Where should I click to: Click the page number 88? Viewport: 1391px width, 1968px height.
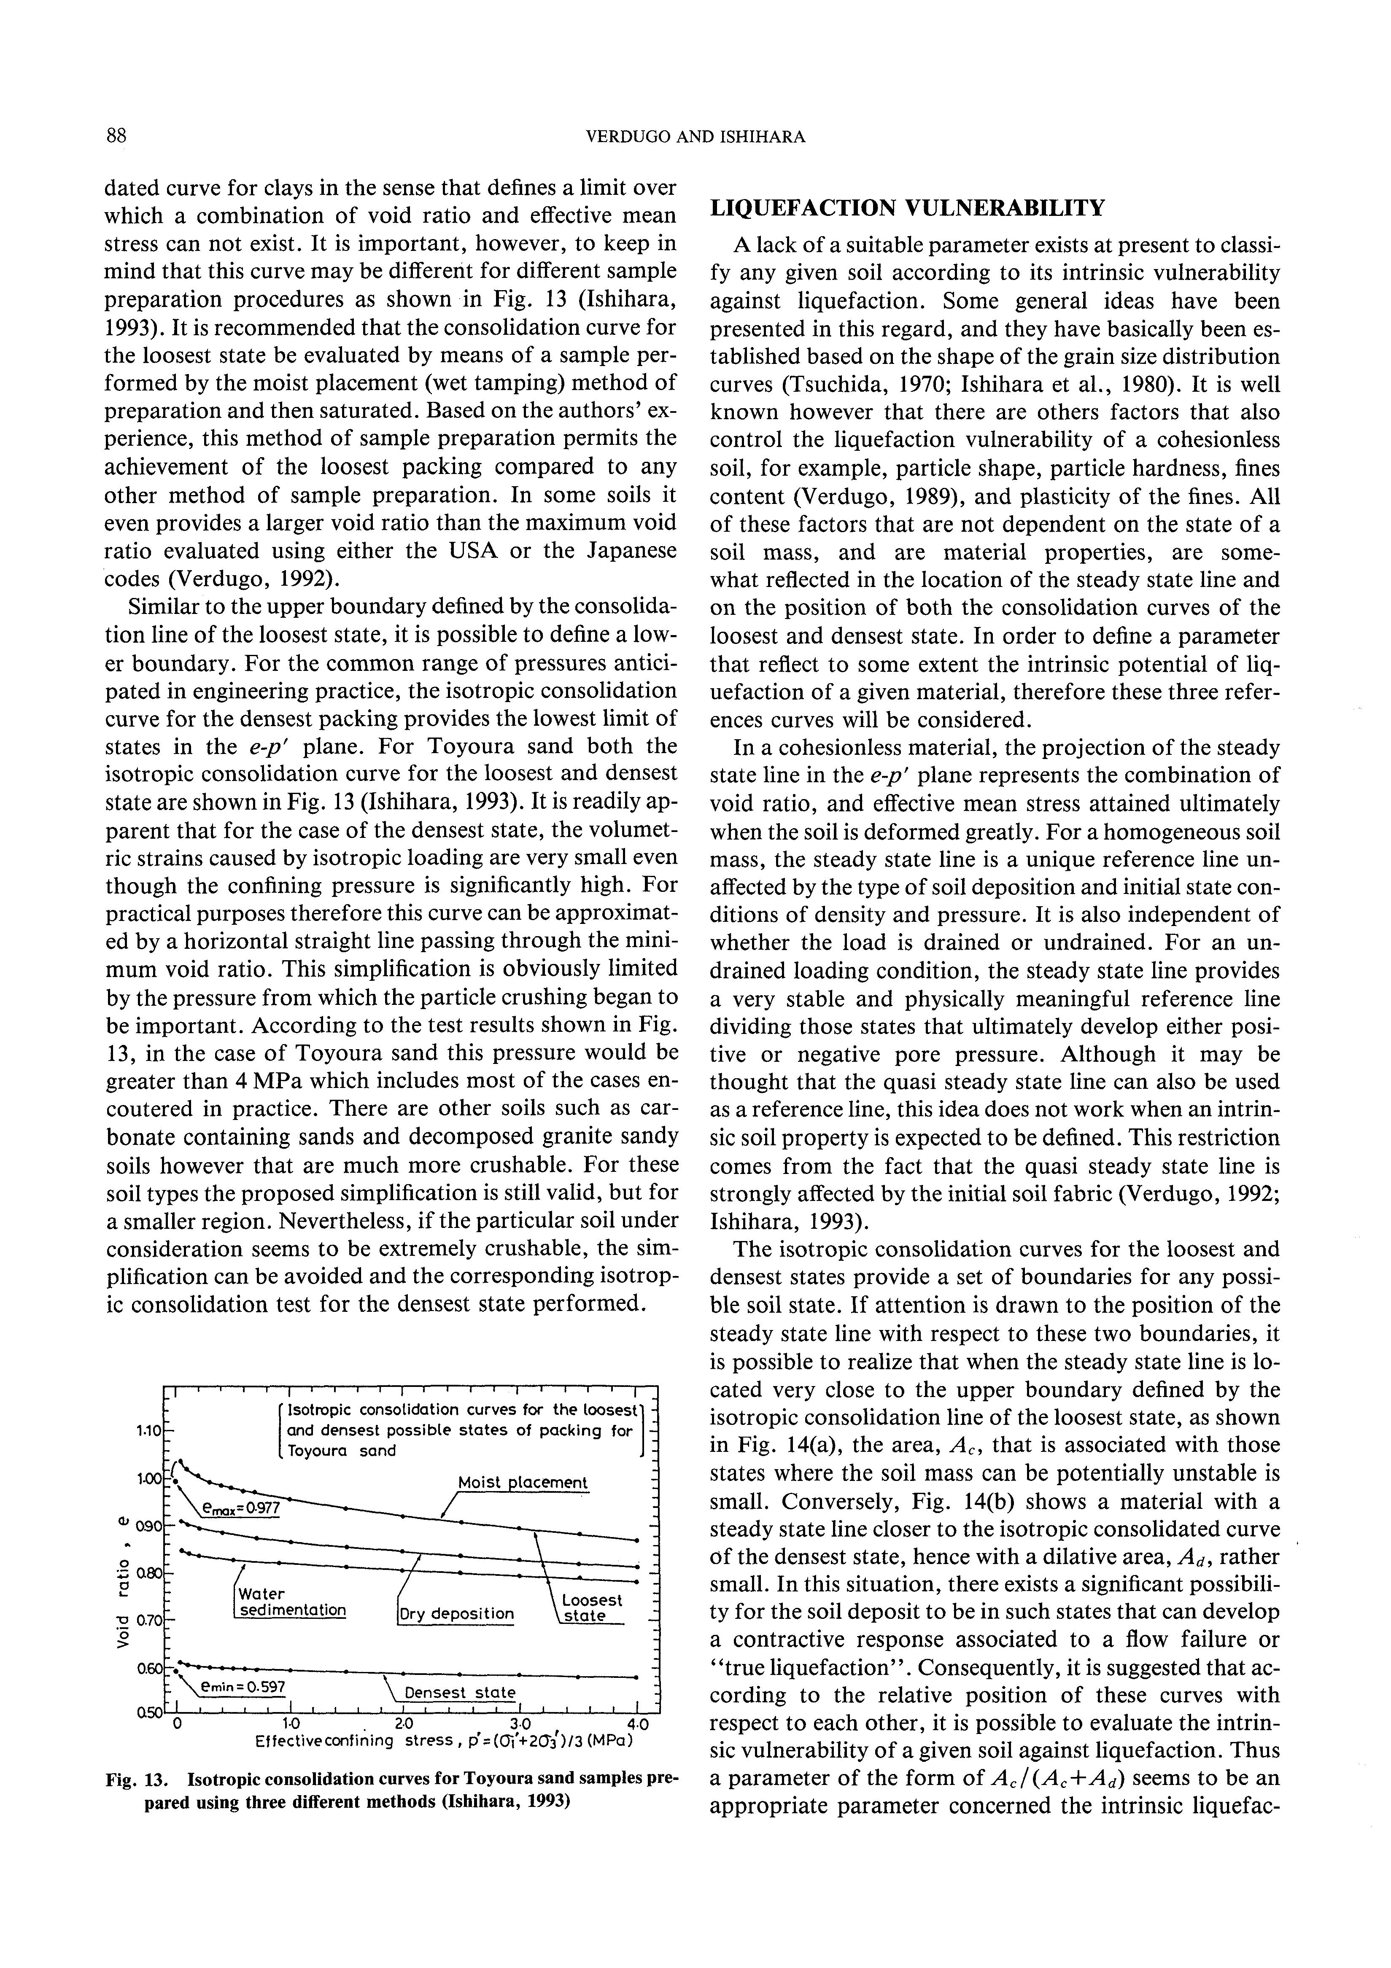(116, 135)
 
